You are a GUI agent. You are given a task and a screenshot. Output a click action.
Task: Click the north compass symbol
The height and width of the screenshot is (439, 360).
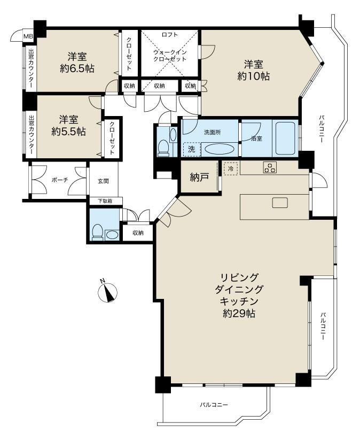point(107,292)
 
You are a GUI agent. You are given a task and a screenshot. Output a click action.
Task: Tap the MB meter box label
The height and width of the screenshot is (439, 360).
point(28,36)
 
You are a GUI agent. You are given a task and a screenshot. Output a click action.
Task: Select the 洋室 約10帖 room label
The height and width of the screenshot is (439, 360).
point(253,70)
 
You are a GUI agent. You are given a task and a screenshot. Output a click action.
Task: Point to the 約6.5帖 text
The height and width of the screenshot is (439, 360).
point(77,68)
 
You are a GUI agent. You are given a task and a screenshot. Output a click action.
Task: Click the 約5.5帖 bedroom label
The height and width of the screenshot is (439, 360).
point(68,132)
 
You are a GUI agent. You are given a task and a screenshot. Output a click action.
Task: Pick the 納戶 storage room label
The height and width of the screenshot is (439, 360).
point(199,177)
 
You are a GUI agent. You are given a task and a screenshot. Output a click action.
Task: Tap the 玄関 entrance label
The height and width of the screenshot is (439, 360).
point(103,181)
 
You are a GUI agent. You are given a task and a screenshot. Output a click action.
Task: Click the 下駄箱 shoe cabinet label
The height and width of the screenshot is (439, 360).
point(105,201)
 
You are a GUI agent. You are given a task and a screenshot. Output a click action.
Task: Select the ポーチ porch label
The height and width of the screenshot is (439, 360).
point(60,180)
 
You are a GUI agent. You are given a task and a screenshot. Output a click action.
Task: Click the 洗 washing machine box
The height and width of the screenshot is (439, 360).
point(192,149)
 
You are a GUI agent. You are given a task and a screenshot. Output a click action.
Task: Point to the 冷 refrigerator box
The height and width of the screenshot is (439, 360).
point(231,168)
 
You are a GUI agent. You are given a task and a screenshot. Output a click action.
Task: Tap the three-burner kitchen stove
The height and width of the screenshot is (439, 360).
point(270,168)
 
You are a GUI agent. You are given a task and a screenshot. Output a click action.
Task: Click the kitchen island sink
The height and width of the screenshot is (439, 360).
point(280,203)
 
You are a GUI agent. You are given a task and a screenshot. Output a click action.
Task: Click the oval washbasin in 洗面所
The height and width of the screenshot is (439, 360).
point(218,149)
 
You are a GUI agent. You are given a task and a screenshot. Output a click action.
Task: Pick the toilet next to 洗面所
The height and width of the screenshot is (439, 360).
point(163,147)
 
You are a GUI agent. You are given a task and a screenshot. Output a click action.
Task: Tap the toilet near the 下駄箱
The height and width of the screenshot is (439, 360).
point(98,232)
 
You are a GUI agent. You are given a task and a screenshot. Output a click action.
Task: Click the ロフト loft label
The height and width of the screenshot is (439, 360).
point(170,35)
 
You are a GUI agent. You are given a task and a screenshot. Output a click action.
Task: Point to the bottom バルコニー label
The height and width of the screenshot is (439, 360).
point(214,405)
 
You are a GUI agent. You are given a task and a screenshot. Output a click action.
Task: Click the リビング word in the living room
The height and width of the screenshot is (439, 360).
point(239,278)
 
